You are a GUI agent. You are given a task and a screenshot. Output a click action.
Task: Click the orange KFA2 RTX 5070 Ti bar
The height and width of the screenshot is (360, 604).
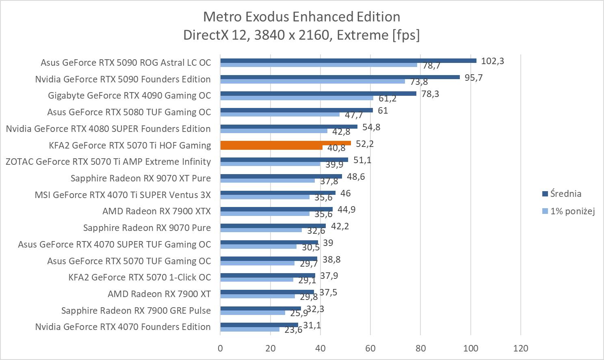285,143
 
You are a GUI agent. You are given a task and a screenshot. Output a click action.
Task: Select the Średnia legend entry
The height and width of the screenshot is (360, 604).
565,194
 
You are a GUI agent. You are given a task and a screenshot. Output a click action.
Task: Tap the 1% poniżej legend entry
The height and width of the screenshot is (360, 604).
572,211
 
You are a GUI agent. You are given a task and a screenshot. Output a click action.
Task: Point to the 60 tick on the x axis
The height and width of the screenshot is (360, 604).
370,348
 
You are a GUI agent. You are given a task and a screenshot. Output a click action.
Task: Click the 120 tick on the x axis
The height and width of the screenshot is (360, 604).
521,348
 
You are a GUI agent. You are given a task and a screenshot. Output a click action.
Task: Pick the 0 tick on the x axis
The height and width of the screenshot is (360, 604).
220,348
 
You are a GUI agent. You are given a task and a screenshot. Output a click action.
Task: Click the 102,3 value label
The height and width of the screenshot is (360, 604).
492,61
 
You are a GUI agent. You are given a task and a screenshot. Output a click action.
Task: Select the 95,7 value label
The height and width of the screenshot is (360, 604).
474,78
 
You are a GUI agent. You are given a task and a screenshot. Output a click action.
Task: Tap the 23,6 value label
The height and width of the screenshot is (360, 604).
293,330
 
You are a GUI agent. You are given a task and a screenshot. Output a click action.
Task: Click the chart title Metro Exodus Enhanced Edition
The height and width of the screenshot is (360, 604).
301,17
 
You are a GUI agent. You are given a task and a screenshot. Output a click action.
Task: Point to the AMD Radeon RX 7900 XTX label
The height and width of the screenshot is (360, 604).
156,211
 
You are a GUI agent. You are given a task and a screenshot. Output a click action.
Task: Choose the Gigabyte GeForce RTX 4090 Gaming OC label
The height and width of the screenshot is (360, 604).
129,95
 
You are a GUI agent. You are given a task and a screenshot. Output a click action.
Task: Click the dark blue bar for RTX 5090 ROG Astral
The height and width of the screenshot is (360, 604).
348,60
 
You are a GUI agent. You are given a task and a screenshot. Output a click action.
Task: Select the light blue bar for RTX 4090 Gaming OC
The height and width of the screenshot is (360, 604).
297,98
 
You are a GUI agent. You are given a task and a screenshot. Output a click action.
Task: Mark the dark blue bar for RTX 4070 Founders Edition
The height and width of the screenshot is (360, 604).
259,325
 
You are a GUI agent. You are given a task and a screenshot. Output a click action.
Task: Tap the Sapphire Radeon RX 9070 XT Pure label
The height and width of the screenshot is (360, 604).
141,178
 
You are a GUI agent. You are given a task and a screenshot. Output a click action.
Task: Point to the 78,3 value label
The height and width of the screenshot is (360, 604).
430,94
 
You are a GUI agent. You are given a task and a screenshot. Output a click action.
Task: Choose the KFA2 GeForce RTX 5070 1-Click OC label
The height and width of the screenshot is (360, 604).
140,277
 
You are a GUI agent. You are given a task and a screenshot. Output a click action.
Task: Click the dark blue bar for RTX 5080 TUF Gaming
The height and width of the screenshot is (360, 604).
297,110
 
